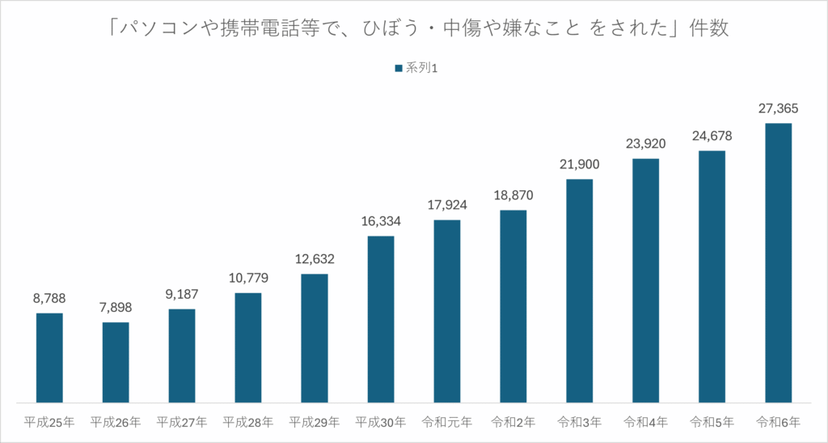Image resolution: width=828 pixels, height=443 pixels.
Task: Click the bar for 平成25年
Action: (49, 357)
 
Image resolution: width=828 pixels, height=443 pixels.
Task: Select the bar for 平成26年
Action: (116, 362)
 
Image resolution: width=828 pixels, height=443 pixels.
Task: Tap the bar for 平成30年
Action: (381, 319)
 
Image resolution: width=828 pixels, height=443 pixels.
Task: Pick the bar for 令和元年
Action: (447, 311)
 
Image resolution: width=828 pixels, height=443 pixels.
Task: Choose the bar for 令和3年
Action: (580, 290)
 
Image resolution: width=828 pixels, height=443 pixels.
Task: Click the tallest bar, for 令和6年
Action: (778, 262)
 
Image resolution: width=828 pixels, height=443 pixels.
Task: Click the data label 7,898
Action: (116, 308)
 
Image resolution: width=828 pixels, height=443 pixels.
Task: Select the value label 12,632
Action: (315, 259)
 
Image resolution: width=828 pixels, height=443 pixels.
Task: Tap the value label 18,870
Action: (513, 195)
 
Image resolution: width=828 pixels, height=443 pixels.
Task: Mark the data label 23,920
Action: (646, 144)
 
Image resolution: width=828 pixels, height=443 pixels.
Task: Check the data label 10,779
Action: (248, 278)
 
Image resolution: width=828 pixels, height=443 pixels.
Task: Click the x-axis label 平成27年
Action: (182, 422)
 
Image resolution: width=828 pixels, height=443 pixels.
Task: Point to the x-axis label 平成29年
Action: (315, 422)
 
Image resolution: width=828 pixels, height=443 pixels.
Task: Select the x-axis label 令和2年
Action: (513, 422)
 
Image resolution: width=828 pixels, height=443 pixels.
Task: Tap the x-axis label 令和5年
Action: (712, 422)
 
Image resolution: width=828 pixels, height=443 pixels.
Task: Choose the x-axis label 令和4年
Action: (646, 422)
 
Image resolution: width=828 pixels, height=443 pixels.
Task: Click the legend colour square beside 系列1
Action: (398, 69)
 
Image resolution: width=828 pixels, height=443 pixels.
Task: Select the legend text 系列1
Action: (422, 69)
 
